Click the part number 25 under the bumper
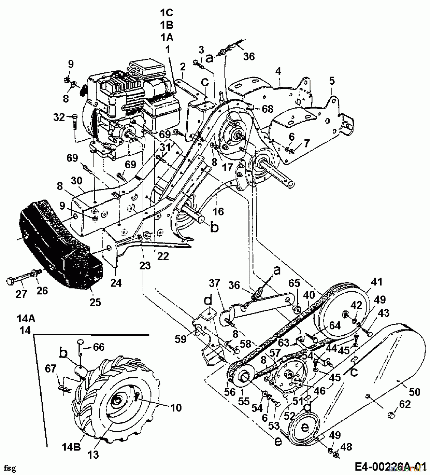tap(95, 302)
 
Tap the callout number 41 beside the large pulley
tap(377, 282)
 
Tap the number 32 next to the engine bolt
tap(59, 117)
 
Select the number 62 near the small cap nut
tap(405, 404)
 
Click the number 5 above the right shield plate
tap(332, 81)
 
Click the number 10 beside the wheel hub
tap(176, 407)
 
